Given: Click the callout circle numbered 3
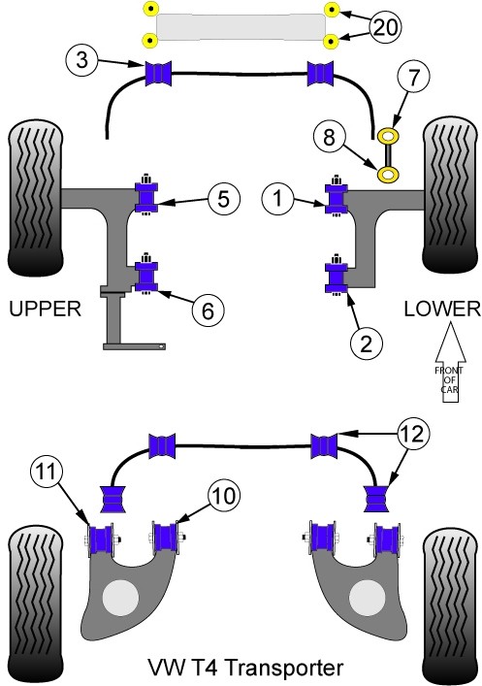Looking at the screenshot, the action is pos(82,59).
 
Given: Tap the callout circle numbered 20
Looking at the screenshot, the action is pos(385,27).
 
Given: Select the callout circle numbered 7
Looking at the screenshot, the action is pos(413,76).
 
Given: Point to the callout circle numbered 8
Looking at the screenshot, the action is pos(329,137).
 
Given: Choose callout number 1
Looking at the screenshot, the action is pos(277,198).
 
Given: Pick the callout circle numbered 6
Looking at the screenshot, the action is pos(208,310).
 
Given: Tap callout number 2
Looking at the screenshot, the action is pos(366,343).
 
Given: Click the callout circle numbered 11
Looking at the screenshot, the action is pos(47,472).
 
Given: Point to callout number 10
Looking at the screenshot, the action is pos(224,496).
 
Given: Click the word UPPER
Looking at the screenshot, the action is pos(45,309).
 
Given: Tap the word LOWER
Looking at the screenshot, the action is pos(442,309).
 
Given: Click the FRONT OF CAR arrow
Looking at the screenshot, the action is pos(450,362).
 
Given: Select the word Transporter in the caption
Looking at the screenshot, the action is pos(286,668).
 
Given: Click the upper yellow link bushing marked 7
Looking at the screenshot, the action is pos(388,136).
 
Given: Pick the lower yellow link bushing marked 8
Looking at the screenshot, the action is pos(388,175).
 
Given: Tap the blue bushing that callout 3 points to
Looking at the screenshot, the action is pos(158,73).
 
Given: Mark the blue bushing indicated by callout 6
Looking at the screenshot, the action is pos(146,277).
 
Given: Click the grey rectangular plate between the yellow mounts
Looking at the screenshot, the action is pos(241,27).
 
